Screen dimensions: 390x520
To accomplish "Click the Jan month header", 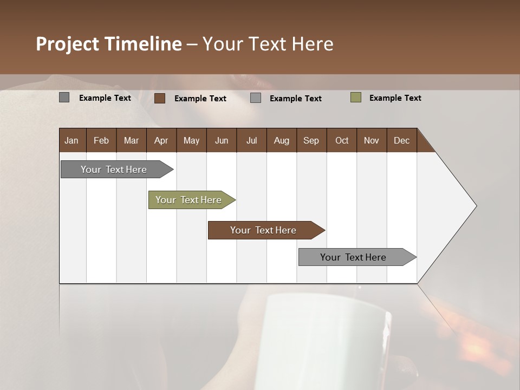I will (x=72, y=140).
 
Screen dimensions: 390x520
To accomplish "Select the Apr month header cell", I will (x=161, y=140).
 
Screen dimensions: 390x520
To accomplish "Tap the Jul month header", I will (x=252, y=140).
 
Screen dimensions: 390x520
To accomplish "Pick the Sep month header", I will (x=311, y=140).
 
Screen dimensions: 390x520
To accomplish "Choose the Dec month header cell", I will (x=402, y=140).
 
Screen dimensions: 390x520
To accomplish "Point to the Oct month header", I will (x=342, y=140).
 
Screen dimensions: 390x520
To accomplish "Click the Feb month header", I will (x=101, y=140).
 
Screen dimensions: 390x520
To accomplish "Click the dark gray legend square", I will (x=64, y=97).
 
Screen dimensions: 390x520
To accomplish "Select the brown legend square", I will (x=160, y=98).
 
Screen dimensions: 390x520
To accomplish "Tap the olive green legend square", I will (x=356, y=97).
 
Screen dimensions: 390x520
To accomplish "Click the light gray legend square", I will (x=256, y=98).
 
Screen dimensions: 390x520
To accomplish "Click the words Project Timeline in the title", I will (x=108, y=44).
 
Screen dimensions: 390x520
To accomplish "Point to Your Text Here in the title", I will (x=268, y=44).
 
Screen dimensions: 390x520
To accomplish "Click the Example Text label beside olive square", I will (x=395, y=98).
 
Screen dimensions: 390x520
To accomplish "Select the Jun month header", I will (x=222, y=140).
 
